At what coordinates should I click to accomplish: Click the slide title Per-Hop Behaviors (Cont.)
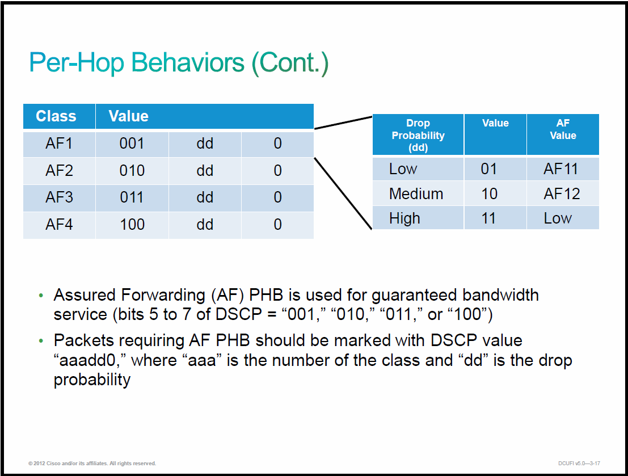(179, 63)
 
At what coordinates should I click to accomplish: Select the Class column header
(56, 116)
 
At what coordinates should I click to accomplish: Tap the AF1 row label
(59, 144)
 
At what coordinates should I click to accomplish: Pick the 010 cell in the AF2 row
(132, 171)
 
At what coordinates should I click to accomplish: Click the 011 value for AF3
(132, 197)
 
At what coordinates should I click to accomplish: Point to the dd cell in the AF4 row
(205, 224)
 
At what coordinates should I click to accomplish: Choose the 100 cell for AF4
(132, 224)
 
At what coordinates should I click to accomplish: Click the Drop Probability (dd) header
(418, 135)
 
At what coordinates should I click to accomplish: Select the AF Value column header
(563, 129)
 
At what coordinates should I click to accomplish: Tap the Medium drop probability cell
(416, 194)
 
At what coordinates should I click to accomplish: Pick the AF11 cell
(560, 169)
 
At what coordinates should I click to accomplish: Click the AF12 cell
(562, 194)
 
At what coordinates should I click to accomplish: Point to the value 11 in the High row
(488, 218)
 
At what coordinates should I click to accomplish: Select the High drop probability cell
(404, 219)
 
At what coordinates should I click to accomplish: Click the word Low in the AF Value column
(558, 218)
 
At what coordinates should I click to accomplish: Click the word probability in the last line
(92, 380)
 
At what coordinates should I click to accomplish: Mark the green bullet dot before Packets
(41, 341)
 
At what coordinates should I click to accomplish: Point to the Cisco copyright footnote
(92, 463)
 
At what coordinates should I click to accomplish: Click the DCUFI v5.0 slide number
(579, 463)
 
